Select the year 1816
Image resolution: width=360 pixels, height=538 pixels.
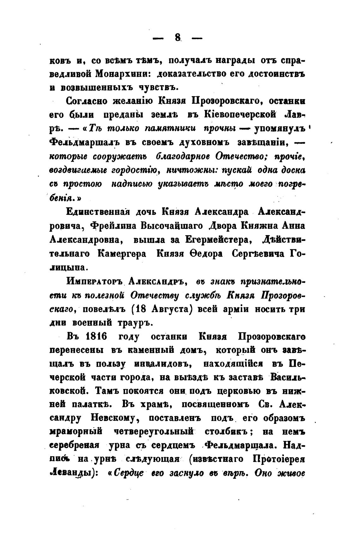[96, 337]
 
